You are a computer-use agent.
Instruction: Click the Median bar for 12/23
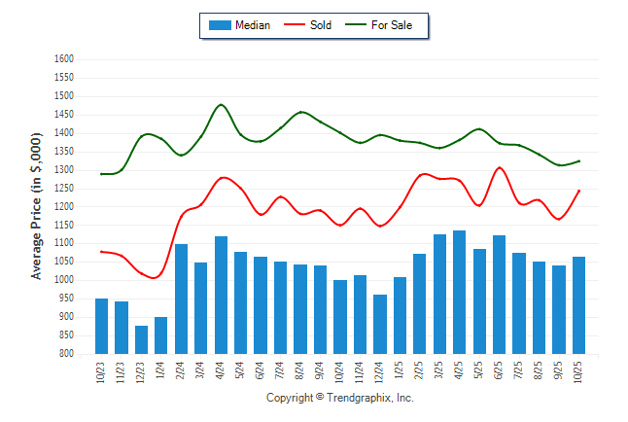pyautogui.click(x=141, y=339)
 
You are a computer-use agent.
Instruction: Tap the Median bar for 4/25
pyautogui.click(x=459, y=292)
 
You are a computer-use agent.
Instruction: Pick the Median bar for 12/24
pyautogui.click(x=380, y=324)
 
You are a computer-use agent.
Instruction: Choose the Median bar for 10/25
pyautogui.click(x=578, y=305)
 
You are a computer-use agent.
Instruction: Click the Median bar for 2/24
pyautogui.click(x=181, y=299)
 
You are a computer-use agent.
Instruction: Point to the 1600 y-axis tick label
pyautogui.click(x=64, y=59)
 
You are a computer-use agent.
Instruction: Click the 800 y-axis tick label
pyautogui.click(x=67, y=354)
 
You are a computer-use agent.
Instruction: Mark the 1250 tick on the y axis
pyautogui.click(x=64, y=189)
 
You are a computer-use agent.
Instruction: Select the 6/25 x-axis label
pyautogui.click(x=499, y=372)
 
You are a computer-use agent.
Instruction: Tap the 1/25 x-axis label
pyautogui.click(x=400, y=372)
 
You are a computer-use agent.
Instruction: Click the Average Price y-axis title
pyautogui.click(x=37, y=207)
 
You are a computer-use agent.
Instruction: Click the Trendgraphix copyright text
pyautogui.click(x=339, y=399)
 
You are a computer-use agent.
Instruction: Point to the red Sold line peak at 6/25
pyautogui.click(x=500, y=167)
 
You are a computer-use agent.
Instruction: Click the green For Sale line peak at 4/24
pyautogui.click(x=221, y=104)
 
